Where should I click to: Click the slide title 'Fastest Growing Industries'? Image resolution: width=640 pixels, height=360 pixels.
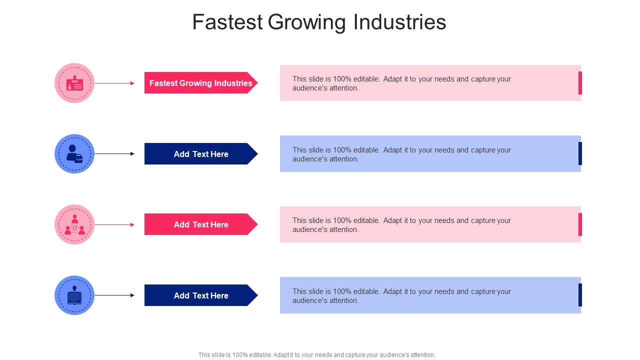coord(319,22)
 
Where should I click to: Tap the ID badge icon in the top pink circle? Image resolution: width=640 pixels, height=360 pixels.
coord(74,83)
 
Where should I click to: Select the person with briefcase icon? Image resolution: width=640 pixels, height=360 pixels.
coord(74,154)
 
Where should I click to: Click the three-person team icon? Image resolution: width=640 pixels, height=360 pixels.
coord(74,225)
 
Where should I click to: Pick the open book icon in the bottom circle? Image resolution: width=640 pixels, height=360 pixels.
coord(74,296)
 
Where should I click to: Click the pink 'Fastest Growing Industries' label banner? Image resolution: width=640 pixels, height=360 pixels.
coord(200,83)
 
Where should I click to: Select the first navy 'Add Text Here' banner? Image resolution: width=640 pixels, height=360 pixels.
coord(200,154)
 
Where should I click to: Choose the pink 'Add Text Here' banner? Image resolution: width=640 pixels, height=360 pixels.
coord(200,224)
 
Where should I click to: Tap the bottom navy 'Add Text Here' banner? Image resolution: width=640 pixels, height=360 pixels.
coord(200,295)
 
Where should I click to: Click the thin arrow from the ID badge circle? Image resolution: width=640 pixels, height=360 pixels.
coord(114,83)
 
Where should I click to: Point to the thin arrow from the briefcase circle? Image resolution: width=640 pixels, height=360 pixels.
coord(114,154)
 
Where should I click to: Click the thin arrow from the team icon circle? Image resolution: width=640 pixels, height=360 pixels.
coord(114,225)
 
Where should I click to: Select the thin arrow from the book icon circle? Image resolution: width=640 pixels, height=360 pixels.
coord(114,295)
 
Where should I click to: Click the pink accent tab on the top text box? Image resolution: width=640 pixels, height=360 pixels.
coord(580,83)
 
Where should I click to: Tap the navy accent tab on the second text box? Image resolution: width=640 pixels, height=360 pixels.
coord(580,153)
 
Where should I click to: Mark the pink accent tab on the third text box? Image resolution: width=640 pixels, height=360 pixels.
coord(580,224)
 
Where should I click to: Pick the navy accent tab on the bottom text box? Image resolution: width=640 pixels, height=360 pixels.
coord(580,295)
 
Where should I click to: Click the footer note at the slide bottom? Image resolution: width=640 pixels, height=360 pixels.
coord(316,355)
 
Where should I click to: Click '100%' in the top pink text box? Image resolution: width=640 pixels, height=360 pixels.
coord(342,79)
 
